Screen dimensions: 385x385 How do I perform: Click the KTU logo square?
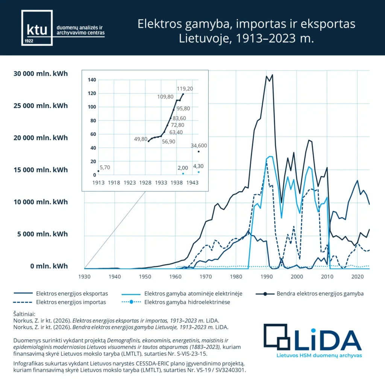point(36,28)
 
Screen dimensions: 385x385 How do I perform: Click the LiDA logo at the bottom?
point(312,340)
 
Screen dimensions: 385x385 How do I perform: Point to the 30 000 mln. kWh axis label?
point(41,73)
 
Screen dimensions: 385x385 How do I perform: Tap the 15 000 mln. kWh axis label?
point(41,170)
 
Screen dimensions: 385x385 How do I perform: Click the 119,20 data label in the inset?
point(185,89)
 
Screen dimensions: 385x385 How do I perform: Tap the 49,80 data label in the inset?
point(141,139)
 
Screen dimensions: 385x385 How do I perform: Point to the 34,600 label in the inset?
point(199,146)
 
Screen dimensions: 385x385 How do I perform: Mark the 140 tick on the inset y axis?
point(92,80)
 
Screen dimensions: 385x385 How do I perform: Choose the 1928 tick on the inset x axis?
point(145,182)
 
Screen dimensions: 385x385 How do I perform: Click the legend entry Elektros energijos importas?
point(71,302)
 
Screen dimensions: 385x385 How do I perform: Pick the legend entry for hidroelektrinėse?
point(187,302)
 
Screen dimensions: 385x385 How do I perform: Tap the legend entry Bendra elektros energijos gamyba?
point(320,293)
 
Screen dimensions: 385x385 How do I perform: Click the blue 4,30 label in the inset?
point(199,166)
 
